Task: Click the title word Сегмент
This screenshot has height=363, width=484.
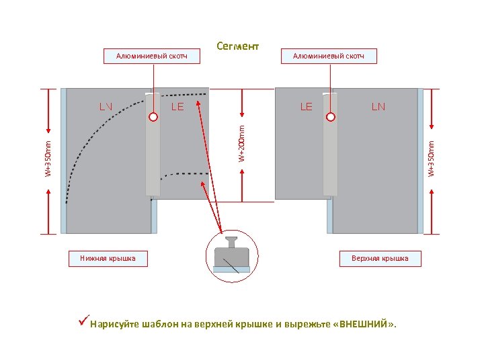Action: (x=237, y=46)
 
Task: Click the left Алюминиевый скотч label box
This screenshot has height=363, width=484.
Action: (x=152, y=56)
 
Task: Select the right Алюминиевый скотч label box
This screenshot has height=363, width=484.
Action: (x=328, y=56)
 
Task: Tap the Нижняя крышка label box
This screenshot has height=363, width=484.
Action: (x=108, y=258)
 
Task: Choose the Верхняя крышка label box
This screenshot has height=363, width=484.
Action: (x=379, y=258)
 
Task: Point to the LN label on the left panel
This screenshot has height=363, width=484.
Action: (x=106, y=106)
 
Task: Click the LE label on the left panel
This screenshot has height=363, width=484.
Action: (x=177, y=106)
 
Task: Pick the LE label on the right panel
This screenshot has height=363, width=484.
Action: (x=306, y=106)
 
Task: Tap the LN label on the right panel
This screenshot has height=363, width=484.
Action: (x=378, y=106)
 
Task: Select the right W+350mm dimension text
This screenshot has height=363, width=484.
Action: (x=432, y=159)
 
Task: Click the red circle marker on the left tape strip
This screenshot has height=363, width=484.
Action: (x=153, y=117)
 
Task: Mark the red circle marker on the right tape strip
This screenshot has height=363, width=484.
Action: (x=330, y=117)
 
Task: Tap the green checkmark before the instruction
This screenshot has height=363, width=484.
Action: (x=83, y=323)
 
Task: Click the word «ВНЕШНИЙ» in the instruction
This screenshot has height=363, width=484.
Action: (x=365, y=324)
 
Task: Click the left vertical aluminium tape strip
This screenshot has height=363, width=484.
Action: (x=153, y=155)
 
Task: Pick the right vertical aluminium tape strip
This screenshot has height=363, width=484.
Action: (x=330, y=155)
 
